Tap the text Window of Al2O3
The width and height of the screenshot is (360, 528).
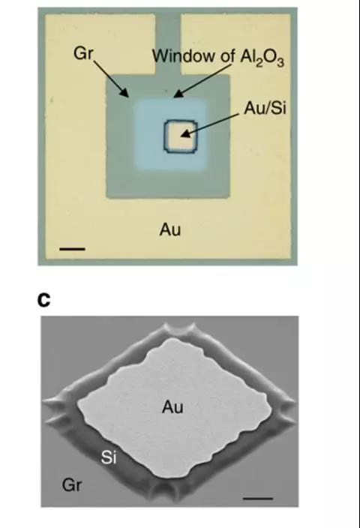tap(218, 56)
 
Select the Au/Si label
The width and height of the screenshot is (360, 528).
tap(265, 108)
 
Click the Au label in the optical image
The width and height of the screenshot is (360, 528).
tap(170, 229)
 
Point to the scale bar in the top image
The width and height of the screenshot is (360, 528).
tap(72, 249)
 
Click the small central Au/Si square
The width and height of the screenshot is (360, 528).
tap(180, 136)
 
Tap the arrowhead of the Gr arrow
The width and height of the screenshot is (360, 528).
tap(124, 92)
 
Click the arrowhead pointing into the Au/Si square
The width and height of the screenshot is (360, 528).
tap(186, 134)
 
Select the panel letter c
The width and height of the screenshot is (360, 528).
tap(43, 301)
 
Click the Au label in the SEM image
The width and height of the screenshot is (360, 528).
tap(172, 406)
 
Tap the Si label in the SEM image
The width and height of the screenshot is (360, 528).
tap(109, 457)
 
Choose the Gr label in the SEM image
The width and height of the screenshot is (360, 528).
tap(72, 485)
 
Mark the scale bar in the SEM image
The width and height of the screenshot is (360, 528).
tap(257, 498)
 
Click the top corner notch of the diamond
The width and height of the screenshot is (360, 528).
tap(178, 329)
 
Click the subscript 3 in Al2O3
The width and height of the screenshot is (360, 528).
tap(280, 63)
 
